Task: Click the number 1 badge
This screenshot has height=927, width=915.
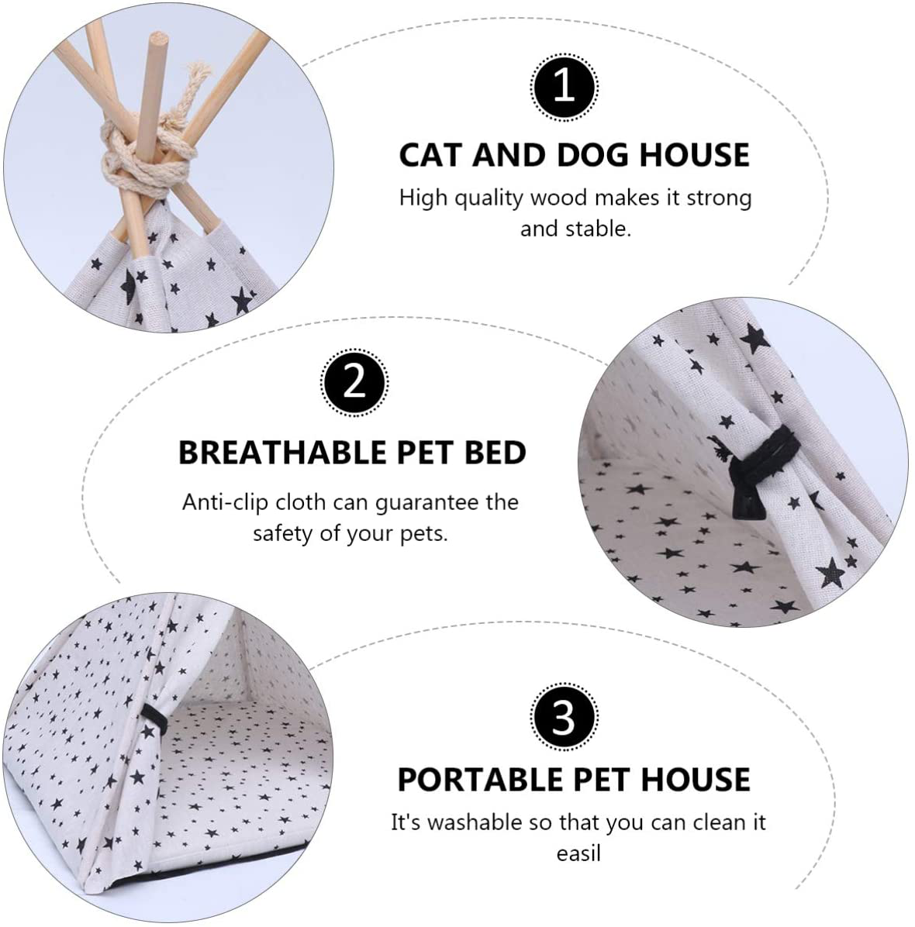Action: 565,87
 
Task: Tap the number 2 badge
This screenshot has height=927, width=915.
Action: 354,383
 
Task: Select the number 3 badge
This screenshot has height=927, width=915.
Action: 565,717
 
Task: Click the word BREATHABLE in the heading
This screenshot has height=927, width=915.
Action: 283,453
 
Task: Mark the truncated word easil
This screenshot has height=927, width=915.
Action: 578,853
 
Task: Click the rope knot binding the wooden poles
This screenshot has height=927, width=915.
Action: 146,157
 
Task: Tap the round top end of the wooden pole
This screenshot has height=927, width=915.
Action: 158,41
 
